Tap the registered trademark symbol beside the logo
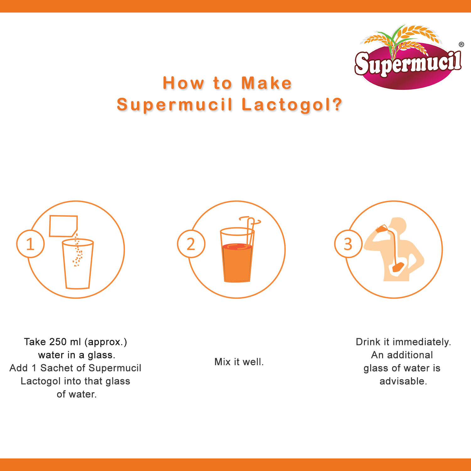[x=461, y=44]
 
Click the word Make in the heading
[x=267, y=83]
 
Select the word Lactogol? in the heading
[x=292, y=105]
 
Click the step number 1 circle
[x=30, y=244]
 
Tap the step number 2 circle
[x=191, y=244]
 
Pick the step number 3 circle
[x=348, y=244]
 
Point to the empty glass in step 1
[x=78, y=264]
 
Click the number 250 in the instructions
[x=58, y=342]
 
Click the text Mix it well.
[x=239, y=362]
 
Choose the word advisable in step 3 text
[x=403, y=381]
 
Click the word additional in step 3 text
[x=410, y=355]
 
